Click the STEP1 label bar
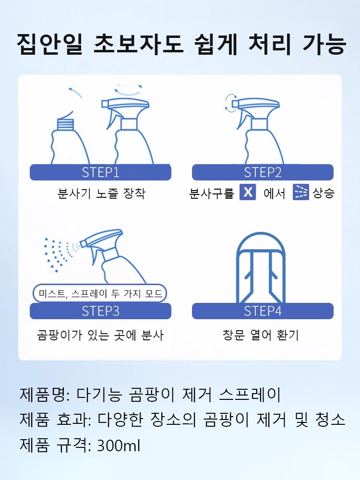(x=100, y=172)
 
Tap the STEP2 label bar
(x=263, y=172)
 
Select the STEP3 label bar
(x=100, y=311)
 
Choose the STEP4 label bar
(x=263, y=311)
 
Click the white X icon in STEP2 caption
(x=248, y=193)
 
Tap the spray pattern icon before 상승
(x=301, y=193)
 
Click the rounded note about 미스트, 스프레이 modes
(x=100, y=293)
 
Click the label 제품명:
(x=44, y=395)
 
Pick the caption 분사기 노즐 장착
(x=100, y=193)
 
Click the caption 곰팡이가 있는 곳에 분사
(x=100, y=335)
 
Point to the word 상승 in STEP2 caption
(x=324, y=193)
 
